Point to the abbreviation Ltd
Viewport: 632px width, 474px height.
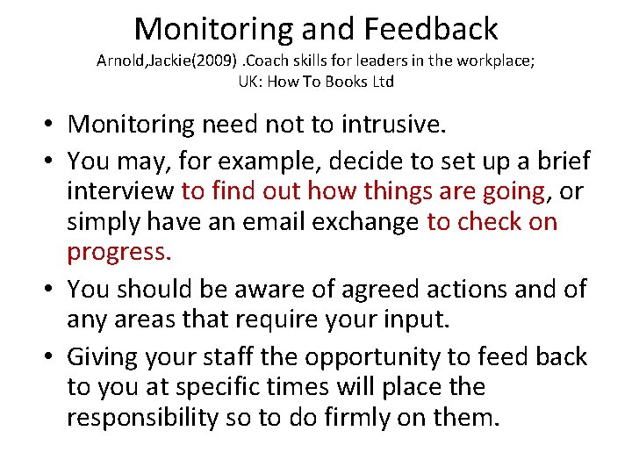[x=382, y=82]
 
